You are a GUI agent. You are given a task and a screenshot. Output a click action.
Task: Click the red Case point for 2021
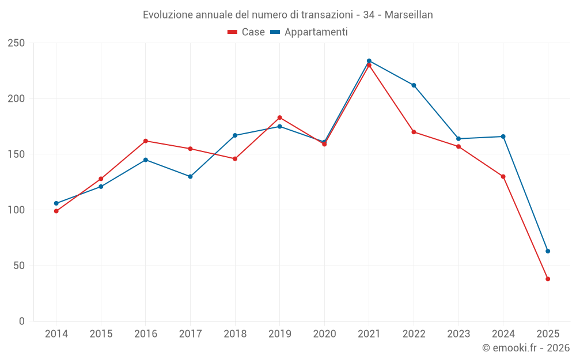[x=369, y=65]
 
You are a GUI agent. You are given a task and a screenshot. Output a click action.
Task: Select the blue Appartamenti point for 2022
[x=414, y=85]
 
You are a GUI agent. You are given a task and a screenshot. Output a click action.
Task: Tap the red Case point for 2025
[x=548, y=279]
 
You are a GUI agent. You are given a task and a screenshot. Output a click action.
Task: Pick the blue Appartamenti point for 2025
[x=548, y=251]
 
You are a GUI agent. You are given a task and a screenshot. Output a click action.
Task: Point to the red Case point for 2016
[x=146, y=141]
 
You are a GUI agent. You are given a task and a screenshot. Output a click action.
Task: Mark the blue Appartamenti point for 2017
[x=190, y=176]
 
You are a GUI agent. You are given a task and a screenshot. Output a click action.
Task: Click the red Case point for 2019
[x=280, y=118]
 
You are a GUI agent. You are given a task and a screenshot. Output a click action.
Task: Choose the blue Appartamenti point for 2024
[x=503, y=137]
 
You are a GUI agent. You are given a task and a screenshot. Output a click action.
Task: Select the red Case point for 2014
[x=56, y=211]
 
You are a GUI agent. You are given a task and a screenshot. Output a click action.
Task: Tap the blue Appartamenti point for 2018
[x=235, y=135]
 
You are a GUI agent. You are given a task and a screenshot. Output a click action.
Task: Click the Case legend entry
[x=247, y=32]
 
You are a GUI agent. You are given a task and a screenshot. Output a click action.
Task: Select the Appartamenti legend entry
[x=309, y=32]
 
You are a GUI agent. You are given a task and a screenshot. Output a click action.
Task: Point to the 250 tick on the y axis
[x=17, y=43]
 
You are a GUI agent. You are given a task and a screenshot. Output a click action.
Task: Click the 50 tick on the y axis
[x=20, y=266]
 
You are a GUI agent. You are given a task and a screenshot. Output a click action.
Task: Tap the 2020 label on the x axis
[x=324, y=334]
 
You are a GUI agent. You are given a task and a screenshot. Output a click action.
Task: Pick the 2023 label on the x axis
[x=458, y=334]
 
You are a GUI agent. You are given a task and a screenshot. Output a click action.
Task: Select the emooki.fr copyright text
[x=526, y=348]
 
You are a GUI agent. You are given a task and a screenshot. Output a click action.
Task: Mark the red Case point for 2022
[x=414, y=132]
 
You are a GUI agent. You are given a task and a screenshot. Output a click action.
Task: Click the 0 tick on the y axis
[x=22, y=321]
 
